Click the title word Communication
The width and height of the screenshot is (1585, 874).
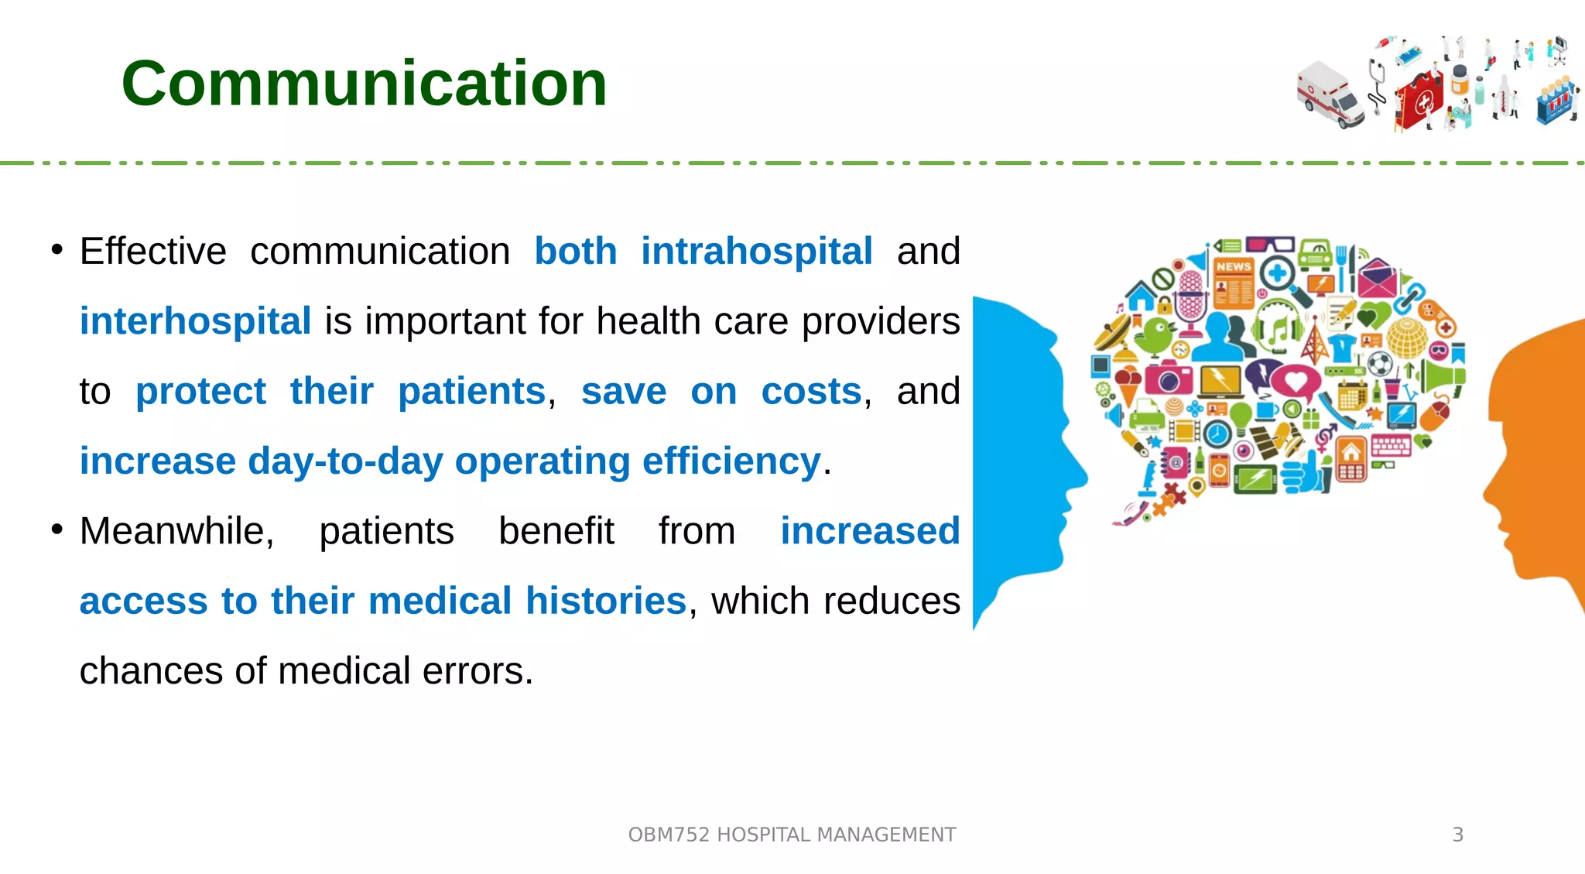(x=364, y=84)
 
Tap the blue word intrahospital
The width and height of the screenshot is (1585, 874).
(x=756, y=252)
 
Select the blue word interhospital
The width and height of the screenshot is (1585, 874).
(x=195, y=321)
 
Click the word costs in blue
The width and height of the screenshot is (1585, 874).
(x=810, y=391)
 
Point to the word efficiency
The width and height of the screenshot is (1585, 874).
(x=731, y=461)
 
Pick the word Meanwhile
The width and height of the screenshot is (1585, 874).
(x=176, y=531)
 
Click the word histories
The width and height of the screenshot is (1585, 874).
(x=605, y=601)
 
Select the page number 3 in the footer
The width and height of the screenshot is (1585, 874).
(x=1457, y=835)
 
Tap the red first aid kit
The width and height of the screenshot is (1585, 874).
(x=1419, y=99)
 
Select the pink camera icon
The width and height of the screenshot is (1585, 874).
(x=1168, y=378)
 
